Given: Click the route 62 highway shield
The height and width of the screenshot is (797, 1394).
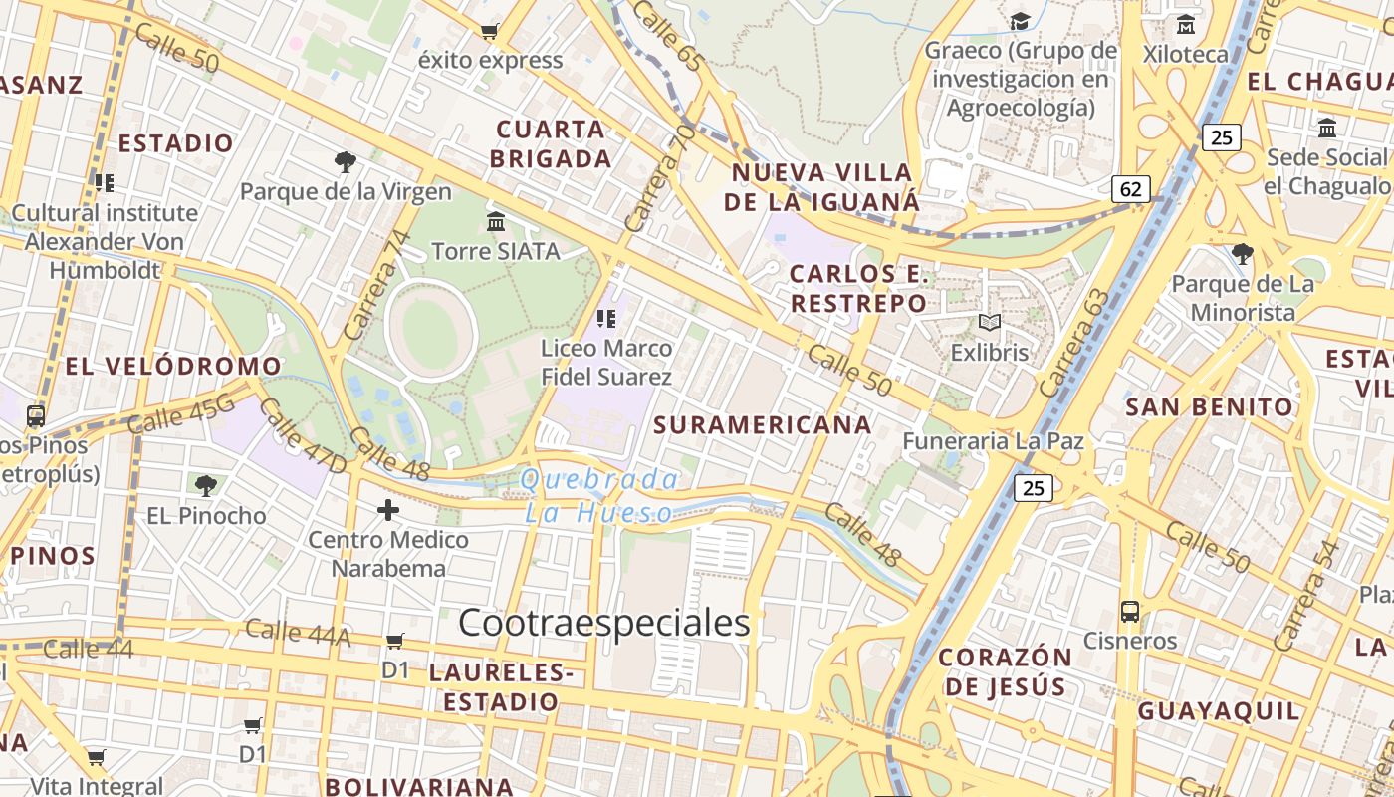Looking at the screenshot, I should click(1130, 189).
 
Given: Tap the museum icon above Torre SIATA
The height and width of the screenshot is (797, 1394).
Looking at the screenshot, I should click(496, 221).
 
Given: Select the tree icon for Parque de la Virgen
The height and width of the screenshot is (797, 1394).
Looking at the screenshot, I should click(346, 161).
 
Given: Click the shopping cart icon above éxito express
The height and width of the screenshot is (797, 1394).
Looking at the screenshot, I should click(489, 31).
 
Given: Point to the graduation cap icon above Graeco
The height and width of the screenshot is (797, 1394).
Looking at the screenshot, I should click(1021, 21).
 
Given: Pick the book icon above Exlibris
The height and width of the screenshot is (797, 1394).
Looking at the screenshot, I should click(989, 322).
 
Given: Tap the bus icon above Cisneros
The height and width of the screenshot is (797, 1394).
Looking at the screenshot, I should click(1130, 611).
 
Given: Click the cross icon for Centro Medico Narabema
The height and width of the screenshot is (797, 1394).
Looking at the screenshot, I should click(388, 511).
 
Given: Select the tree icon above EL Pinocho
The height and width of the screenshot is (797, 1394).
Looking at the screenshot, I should click(206, 486).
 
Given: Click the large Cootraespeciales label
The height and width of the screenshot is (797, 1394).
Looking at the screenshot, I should click(603, 623).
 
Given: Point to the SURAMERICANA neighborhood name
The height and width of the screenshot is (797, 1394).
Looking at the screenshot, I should click(763, 425).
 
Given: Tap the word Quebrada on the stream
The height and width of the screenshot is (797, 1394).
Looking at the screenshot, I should click(599, 480).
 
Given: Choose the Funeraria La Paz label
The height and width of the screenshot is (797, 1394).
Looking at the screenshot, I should click(993, 440).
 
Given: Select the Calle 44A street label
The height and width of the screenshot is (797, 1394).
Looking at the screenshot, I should click(297, 632).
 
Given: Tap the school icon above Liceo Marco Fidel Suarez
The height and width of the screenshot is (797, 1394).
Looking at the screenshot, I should click(606, 319).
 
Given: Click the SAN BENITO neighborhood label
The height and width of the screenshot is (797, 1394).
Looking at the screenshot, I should click(1209, 406).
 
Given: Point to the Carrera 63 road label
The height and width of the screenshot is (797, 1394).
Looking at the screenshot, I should click(1073, 343).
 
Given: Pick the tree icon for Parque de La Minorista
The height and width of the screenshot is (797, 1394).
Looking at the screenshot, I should click(1242, 254).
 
